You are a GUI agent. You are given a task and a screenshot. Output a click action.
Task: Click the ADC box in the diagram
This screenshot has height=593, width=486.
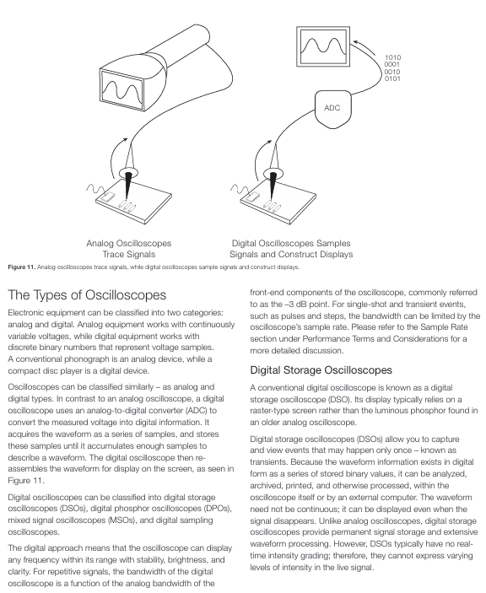point(332,109)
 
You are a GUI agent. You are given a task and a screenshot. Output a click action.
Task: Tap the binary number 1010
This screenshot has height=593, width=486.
point(392,57)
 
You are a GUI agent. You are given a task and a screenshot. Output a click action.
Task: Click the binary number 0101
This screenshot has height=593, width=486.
point(392,78)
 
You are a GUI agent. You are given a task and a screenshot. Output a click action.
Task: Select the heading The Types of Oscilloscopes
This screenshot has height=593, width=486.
point(87,295)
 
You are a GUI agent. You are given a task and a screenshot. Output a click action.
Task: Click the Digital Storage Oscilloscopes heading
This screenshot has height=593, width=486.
point(321,369)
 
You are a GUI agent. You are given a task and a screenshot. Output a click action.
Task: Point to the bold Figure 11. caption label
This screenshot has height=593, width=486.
point(22,267)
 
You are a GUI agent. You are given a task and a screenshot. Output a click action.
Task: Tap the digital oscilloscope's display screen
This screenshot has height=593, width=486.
point(323,46)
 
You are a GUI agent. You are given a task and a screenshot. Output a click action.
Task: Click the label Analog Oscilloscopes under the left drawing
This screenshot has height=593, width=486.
point(128,243)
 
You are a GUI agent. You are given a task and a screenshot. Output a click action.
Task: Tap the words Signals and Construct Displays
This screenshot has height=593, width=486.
point(291,254)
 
